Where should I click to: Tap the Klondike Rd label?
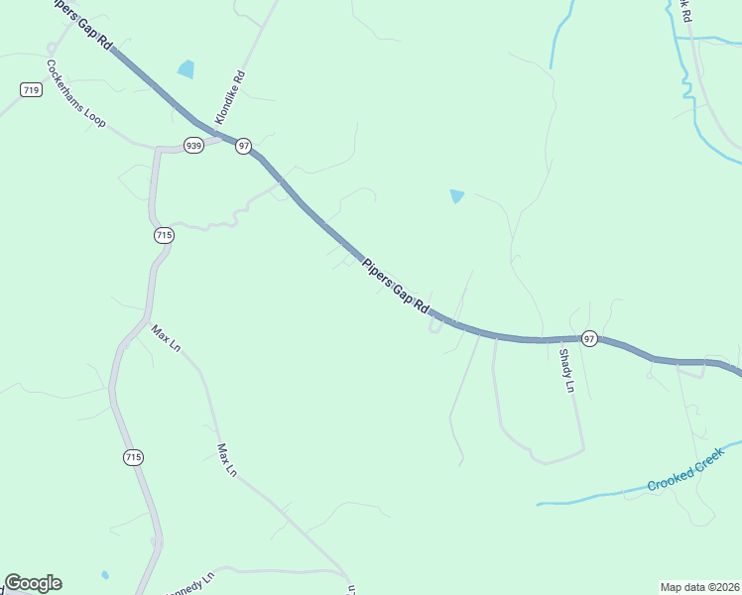[x=229, y=97]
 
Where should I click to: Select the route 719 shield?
[x=31, y=90]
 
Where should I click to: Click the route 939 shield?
[x=193, y=145]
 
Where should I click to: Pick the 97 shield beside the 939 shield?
[x=243, y=146]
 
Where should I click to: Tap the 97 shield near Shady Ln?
[x=589, y=338]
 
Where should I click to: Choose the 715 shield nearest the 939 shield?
[x=164, y=235]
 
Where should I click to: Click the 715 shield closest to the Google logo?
[x=134, y=457]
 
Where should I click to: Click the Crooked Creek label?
[x=685, y=474]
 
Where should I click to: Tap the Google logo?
[x=33, y=583]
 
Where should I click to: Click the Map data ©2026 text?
[x=699, y=587]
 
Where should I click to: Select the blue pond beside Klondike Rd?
[x=185, y=69]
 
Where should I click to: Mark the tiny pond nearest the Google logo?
[x=105, y=574]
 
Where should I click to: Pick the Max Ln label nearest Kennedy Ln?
[x=227, y=460]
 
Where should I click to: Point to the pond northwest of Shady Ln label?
[x=456, y=196]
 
